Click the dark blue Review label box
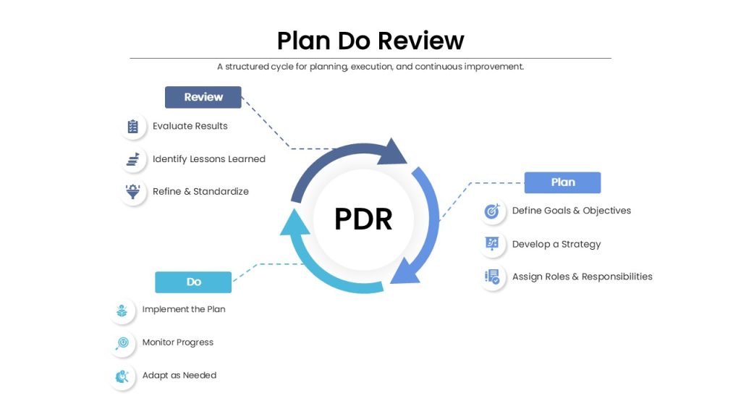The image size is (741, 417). coord(203,98)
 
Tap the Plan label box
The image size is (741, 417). coord(562,182)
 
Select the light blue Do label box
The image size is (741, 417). coord(193,282)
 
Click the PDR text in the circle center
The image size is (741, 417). coord(363,219)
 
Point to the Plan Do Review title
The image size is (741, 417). coord(370,41)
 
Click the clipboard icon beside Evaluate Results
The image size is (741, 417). coord(133,126)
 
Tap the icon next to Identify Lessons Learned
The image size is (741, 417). coord(133,159)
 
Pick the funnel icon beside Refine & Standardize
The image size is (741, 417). coord(133,191)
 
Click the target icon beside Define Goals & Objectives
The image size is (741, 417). coord(492,211)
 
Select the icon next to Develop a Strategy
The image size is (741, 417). coord(492,244)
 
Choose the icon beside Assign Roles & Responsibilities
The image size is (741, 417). coord(492,277)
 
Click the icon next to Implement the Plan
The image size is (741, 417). coord(122,310)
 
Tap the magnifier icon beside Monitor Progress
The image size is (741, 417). coord(122,342)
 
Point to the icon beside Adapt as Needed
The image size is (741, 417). coord(122,376)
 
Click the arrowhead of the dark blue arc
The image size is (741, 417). coord(393,153)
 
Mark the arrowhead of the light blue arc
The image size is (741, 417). coord(295,222)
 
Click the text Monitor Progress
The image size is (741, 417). coord(178,342)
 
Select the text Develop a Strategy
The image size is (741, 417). coord(556,245)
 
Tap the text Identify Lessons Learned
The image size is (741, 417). coord(209,159)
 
